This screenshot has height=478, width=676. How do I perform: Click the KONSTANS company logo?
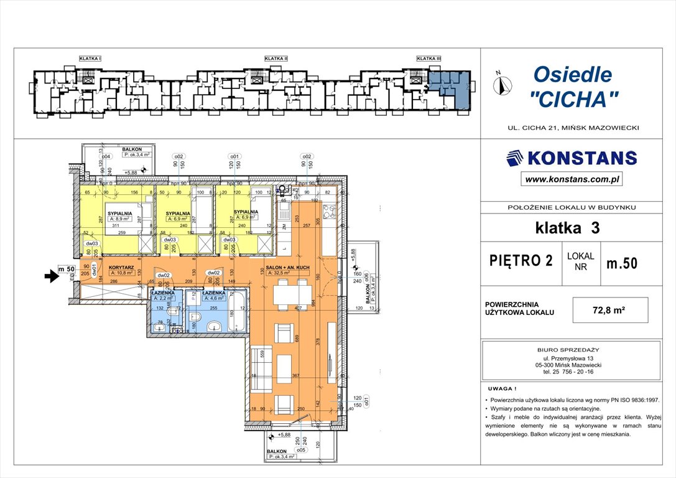point(572,158)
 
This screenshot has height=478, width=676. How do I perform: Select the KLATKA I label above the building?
point(90,59)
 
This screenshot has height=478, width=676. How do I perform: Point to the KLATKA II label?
point(276,59)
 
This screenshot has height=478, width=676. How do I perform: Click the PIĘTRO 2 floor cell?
point(521,261)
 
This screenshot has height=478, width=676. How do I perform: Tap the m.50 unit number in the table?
point(621,263)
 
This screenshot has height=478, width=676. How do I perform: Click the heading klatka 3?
point(567,228)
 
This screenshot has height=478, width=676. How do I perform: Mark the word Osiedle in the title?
point(572,75)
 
